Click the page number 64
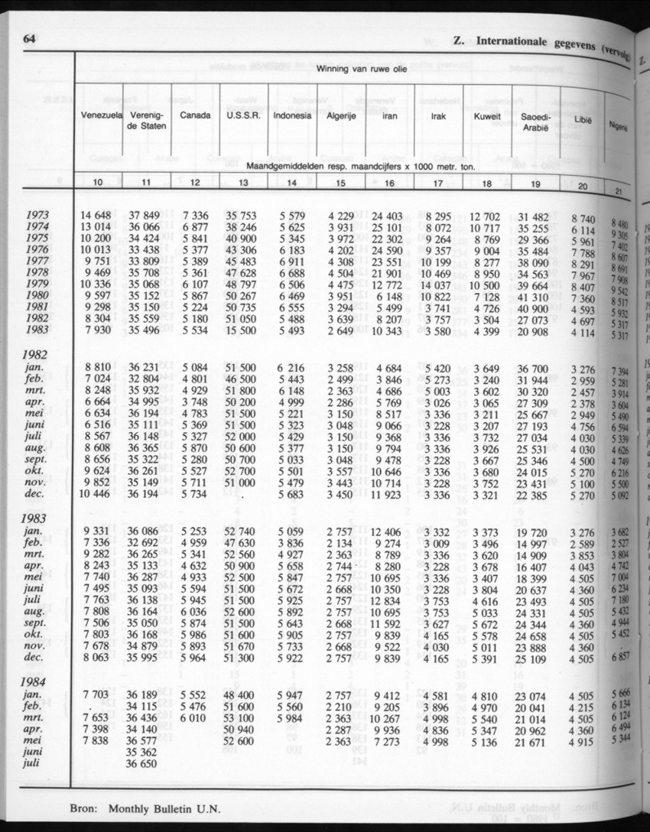pyautogui.click(x=31, y=39)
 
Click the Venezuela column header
pyautogui.click(x=101, y=115)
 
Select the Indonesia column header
pyautogui.click(x=292, y=115)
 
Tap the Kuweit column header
pyautogui.click(x=487, y=116)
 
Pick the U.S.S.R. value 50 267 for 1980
pyautogui.click(x=241, y=297)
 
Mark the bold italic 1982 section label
pyautogui.click(x=35, y=356)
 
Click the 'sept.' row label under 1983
pyautogui.click(x=39, y=623)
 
